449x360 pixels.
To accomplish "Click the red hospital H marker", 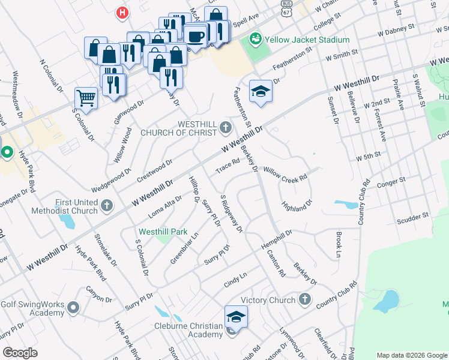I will click(x=122, y=12).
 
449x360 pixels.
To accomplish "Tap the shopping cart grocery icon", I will click(x=86, y=97).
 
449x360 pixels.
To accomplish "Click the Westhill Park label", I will click(x=163, y=232).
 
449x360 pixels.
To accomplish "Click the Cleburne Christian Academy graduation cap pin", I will click(x=236, y=317).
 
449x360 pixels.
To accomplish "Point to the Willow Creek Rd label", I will click(x=285, y=173).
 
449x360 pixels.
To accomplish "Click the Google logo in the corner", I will click(x=20, y=353).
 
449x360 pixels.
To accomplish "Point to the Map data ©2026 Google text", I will click(x=412, y=355).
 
